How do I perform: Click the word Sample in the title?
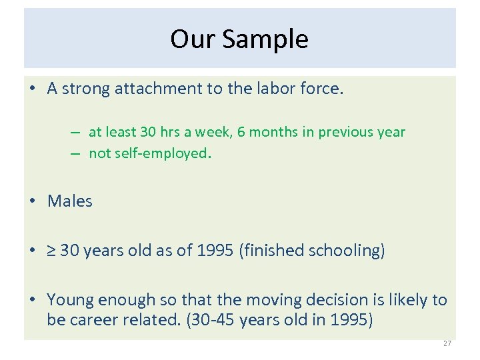point(265,39)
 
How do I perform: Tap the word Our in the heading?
point(193,39)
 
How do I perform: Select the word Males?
point(70,201)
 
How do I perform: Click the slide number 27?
point(447,343)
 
